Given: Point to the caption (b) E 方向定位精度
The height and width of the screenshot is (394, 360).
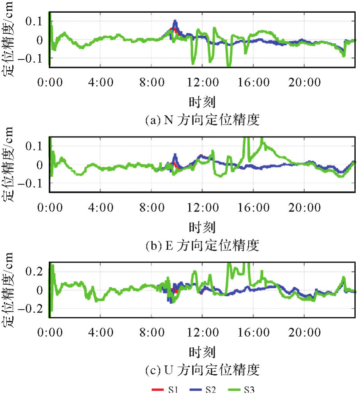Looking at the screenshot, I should coord(202,246).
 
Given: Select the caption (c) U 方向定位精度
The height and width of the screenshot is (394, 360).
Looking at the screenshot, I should coord(202,371).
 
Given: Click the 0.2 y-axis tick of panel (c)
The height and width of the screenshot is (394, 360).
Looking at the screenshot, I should coord(34,271).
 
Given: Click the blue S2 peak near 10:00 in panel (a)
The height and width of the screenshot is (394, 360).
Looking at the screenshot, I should coord(175,22).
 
